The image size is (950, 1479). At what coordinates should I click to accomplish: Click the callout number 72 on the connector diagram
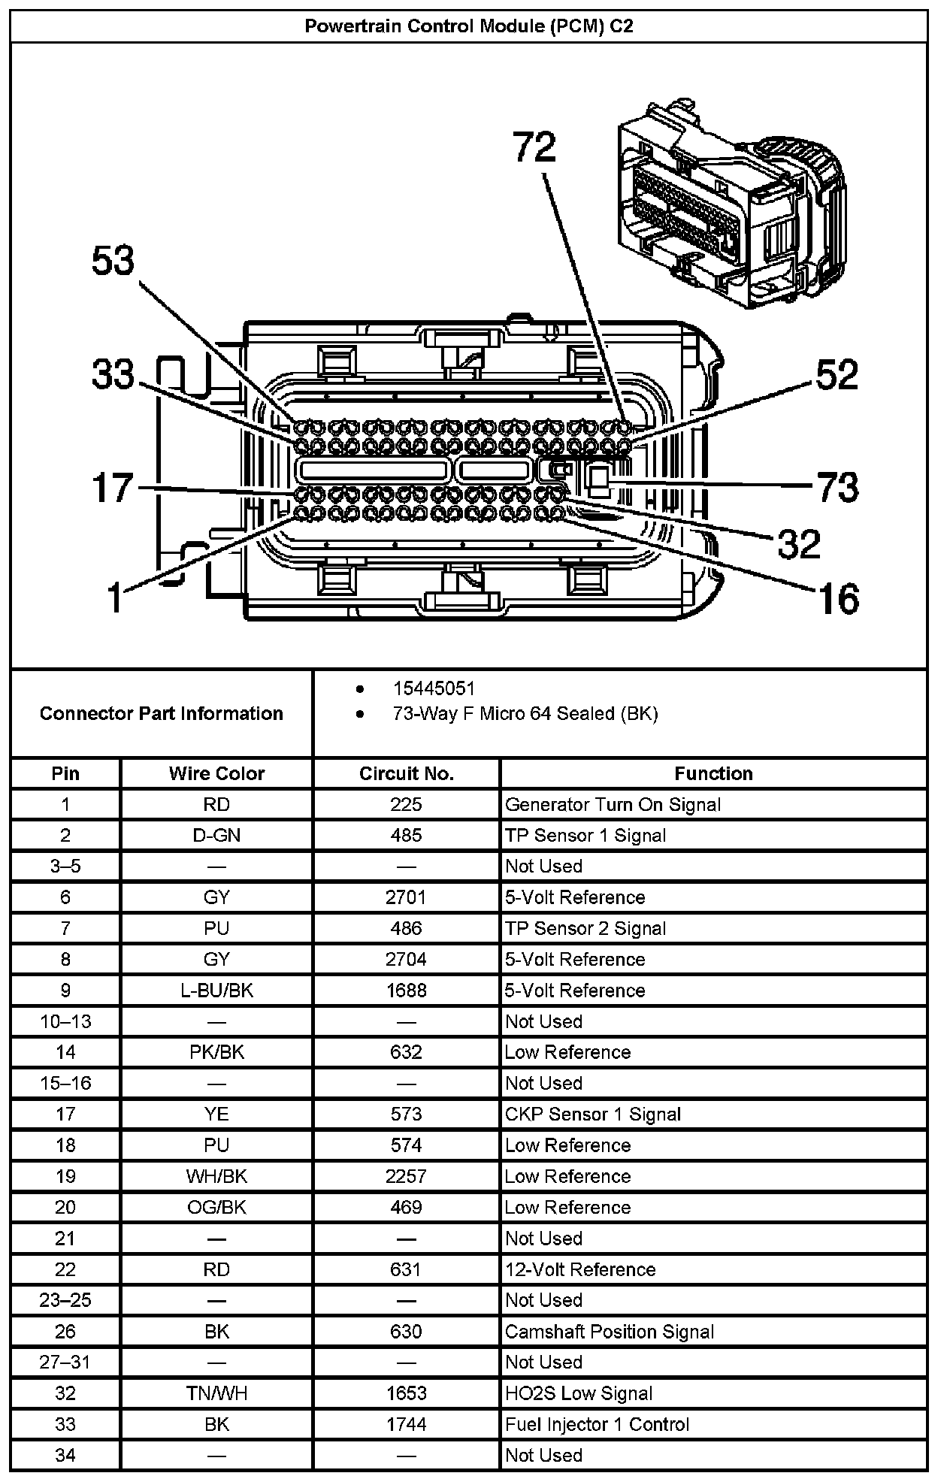click(534, 147)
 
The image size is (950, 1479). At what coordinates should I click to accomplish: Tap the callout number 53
click(113, 262)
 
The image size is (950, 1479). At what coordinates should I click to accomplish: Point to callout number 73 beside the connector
click(837, 487)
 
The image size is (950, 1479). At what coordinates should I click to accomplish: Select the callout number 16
click(837, 599)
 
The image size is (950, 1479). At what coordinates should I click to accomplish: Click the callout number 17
click(113, 487)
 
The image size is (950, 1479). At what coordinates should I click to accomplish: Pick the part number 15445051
click(434, 688)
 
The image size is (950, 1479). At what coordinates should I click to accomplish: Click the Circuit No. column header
click(406, 773)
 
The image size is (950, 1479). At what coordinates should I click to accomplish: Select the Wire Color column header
click(216, 773)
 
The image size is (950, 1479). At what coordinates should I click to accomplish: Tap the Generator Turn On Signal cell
click(613, 805)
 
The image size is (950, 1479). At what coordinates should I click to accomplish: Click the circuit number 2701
click(406, 897)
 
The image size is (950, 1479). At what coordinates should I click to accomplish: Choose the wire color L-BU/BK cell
click(216, 991)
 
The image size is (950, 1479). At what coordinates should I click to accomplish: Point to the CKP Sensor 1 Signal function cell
click(592, 1114)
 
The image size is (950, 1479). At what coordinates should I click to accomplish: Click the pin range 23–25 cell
click(65, 1300)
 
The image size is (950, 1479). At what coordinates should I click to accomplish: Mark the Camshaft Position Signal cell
click(609, 1332)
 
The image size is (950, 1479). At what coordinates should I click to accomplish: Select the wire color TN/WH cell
click(216, 1393)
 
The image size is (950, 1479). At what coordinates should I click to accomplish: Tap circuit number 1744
click(406, 1424)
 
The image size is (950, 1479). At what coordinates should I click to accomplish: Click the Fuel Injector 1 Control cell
click(597, 1424)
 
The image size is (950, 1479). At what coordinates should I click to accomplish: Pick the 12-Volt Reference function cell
click(580, 1269)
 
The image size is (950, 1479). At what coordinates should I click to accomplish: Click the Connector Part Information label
click(162, 713)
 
